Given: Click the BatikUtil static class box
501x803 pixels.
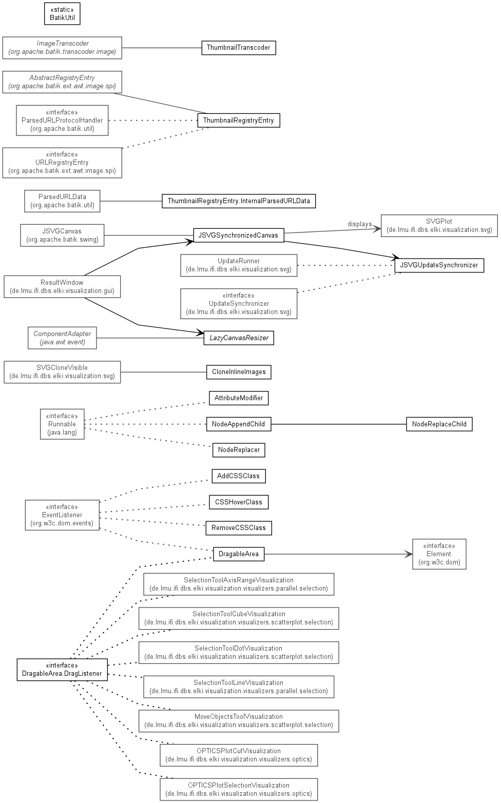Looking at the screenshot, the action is [x=62, y=14].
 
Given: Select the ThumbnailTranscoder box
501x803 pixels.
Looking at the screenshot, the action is [x=239, y=48].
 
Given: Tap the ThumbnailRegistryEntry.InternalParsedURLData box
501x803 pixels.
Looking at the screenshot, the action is [x=239, y=201].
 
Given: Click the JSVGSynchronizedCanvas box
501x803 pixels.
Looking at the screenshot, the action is [x=239, y=235].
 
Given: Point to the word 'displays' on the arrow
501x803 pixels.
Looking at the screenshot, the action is [x=359, y=224].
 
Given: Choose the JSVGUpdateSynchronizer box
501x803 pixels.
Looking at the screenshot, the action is [x=439, y=265].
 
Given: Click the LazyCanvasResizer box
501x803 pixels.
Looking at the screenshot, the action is [x=239, y=338].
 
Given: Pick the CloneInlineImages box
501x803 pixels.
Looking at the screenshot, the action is [x=239, y=372].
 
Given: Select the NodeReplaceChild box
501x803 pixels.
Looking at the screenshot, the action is [x=439, y=424].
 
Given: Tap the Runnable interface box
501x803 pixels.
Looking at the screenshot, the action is [x=62, y=424].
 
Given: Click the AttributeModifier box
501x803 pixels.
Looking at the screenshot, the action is [x=239, y=398].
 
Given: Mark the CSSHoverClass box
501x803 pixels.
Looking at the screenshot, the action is [x=239, y=502].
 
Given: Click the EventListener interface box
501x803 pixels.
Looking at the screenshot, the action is [x=62, y=515].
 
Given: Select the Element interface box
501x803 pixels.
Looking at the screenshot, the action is [x=439, y=554].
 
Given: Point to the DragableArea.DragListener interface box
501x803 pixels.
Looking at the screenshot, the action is [x=62, y=670].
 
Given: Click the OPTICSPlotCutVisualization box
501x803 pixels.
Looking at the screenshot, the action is [x=239, y=755].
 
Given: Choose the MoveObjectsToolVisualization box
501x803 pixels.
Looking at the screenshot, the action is [x=239, y=721].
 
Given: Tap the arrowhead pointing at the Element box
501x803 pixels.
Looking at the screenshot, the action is [x=409, y=554].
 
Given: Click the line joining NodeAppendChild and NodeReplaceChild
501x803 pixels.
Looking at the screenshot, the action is [x=339, y=424].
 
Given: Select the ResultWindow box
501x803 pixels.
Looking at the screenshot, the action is [x=62, y=287].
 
